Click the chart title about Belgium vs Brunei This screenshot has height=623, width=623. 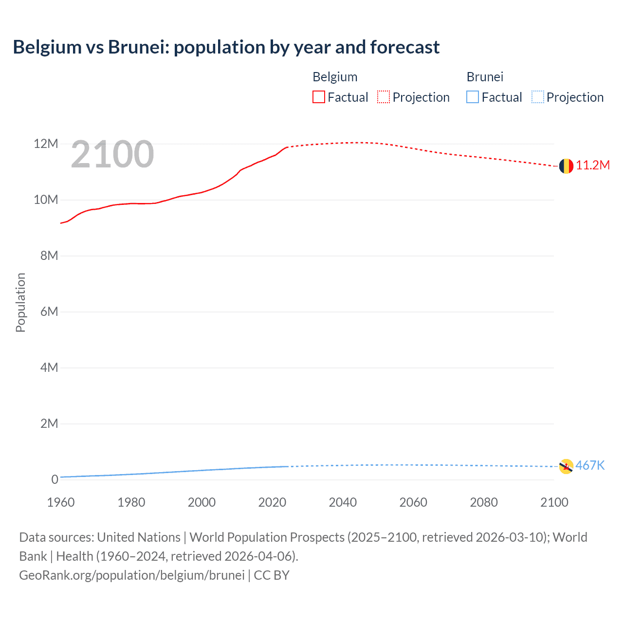tap(226, 47)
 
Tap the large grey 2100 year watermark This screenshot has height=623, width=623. tap(112, 154)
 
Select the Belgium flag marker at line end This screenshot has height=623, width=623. tap(566, 166)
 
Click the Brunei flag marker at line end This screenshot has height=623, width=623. tap(566, 466)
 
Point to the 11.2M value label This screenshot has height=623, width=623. tap(593, 165)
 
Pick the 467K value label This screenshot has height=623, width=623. tap(590, 466)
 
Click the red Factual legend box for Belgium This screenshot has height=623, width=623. tap(318, 97)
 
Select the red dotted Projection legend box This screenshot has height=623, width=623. tap(384, 97)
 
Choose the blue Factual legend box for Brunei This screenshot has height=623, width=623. tap(472, 97)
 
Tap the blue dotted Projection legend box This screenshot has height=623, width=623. tap(537, 97)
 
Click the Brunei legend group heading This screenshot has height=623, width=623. tap(485, 77)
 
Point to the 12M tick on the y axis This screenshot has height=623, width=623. tap(46, 144)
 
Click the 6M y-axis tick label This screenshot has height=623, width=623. tap(49, 312)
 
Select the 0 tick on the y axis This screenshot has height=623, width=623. tap(55, 480)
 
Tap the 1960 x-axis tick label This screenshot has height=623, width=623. tap(61, 502)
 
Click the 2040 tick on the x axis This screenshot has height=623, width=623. tap(343, 502)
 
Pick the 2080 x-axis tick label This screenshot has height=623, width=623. tap(484, 502)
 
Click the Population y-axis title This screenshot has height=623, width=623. tap(20, 302)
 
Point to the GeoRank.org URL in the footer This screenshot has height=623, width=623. tap(131, 575)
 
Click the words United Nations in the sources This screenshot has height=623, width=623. tap(139, 537)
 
